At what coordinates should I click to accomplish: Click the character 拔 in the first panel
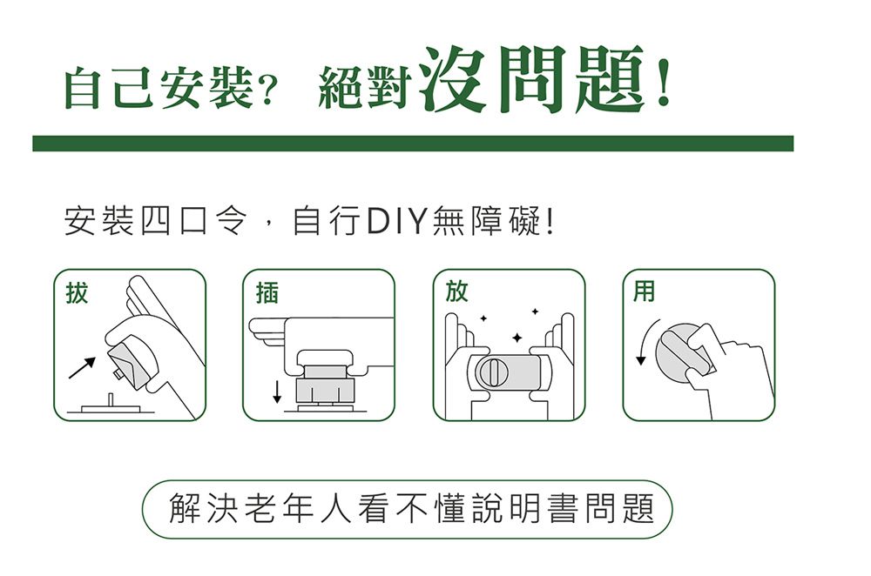(78, 293)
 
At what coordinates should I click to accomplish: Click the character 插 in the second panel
(267, 293)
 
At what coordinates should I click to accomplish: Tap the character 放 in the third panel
(456, 291)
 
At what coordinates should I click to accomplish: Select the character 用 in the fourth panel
(645, 291)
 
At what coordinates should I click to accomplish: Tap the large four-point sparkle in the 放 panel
(517, 337)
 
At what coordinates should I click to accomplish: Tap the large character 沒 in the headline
(453, 80)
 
